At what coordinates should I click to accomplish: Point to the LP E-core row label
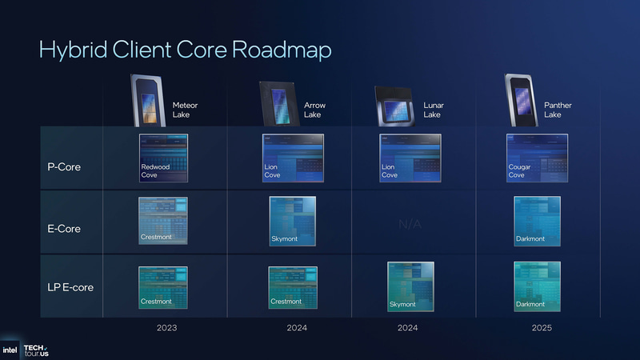coord(70,286)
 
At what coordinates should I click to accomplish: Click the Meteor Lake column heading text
coord(185,110)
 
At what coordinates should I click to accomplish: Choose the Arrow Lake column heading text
coord(314,110)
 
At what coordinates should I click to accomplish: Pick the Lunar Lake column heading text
coord(433,110)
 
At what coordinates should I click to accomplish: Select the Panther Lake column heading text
coord(558,110)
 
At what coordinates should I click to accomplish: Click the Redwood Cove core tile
coord(163,157)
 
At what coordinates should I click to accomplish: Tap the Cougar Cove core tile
coord(538,157)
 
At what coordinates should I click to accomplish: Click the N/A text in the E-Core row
coord(410,225)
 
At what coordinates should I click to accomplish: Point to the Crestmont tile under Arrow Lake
coord(292,286)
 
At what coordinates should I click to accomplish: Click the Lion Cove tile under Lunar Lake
coord(410,157)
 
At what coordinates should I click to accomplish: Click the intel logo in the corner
coord(10,350)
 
